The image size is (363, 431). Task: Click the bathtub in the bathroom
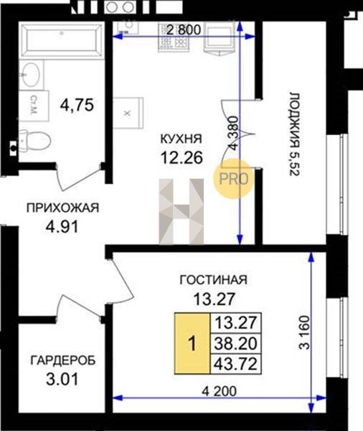62,40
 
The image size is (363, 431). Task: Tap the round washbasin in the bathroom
30,75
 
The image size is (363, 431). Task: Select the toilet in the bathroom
35,141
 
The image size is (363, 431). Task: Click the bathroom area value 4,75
77,105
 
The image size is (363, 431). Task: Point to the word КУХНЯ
181,139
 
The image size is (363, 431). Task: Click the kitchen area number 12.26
181,157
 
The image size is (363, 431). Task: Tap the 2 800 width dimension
184,29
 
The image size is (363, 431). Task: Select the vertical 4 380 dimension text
233,133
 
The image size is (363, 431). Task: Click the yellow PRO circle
233,179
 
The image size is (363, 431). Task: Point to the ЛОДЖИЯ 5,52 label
294,134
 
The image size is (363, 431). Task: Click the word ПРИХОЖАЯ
62,208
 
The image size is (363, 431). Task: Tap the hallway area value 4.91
62,227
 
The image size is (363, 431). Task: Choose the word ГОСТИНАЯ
213,280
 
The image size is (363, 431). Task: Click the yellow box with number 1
192,343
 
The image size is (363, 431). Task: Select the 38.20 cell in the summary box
235,343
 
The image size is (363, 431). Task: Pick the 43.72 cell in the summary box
235,363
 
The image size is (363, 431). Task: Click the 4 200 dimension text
219,391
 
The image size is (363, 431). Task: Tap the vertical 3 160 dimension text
304,333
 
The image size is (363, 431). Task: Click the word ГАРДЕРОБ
63,361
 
